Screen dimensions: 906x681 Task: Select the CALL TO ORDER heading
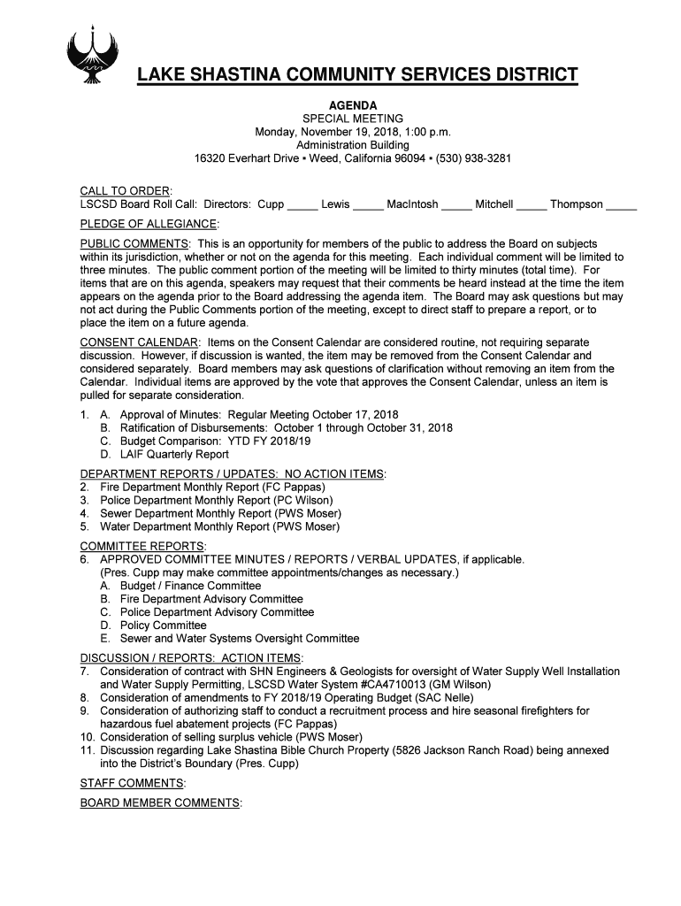[125, 191]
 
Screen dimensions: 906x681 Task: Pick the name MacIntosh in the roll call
[412, 204]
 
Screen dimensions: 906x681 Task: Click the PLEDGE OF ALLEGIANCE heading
[148, 224]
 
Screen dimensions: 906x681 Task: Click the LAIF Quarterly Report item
[174, 454]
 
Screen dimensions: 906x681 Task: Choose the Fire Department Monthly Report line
[212, 487]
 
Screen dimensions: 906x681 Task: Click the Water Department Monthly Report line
[219, 526]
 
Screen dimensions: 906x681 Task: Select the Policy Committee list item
[163, 626]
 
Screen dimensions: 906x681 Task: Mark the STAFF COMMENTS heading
[132, 783]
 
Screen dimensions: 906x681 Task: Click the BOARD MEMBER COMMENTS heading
[159, 802]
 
